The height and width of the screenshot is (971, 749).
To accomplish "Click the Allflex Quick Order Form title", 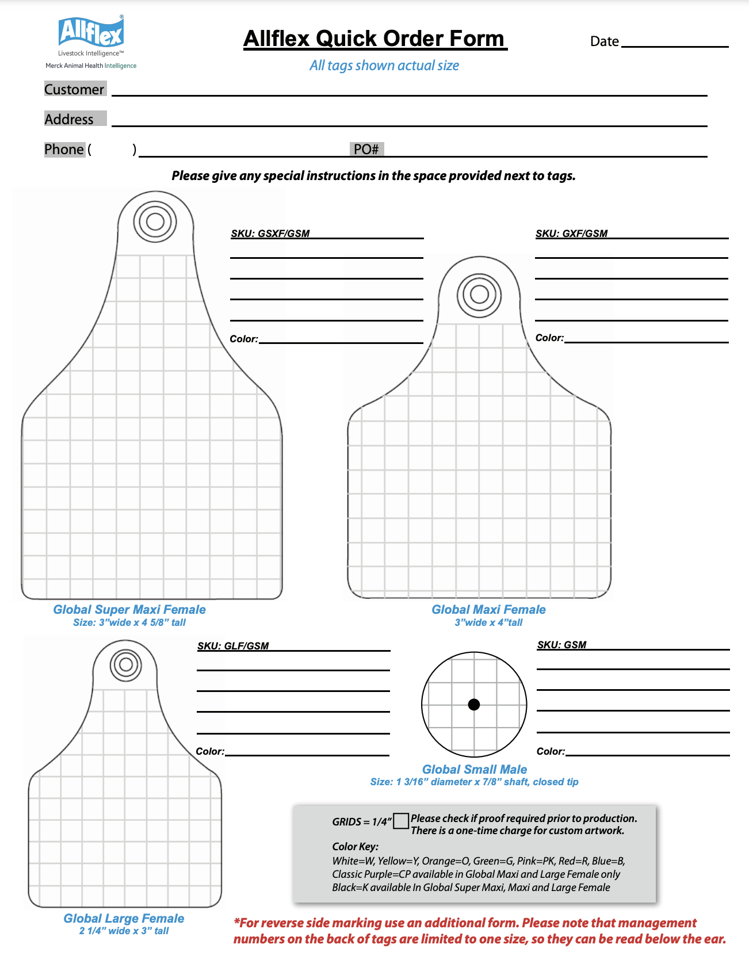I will pos(375,39).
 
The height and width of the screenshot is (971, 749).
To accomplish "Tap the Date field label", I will pos(604,41).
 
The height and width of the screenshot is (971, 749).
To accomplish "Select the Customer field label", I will pos(74,89).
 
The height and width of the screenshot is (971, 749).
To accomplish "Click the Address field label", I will pos(69,119).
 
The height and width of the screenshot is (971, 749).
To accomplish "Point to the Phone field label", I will pos(64,150).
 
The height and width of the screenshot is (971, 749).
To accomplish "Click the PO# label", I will pos(366,150).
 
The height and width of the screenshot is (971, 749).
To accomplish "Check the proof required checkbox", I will pos(401,821).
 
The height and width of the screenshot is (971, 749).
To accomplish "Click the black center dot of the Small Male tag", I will pos(474,705).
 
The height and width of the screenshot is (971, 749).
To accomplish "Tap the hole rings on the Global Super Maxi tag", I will pos(155,221).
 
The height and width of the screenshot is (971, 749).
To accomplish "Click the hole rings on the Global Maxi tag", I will pos(479,295).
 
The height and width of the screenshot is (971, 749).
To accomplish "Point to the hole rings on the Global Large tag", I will pos(125,665).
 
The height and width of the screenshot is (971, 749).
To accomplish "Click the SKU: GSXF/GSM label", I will pos(270,234).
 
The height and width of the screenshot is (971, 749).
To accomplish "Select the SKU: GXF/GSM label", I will pos(571,234).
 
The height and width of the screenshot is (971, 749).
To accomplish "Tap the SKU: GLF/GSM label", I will pos(233,646).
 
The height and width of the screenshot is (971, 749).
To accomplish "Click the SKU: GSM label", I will pos(561,645).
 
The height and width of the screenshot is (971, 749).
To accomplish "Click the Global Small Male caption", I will pos(474,770).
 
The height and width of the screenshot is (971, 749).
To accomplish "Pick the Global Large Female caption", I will pos(124,919).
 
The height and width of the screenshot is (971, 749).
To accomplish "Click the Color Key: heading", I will pos(355,847).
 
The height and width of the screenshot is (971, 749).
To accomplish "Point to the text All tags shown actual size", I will pos(384,66).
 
